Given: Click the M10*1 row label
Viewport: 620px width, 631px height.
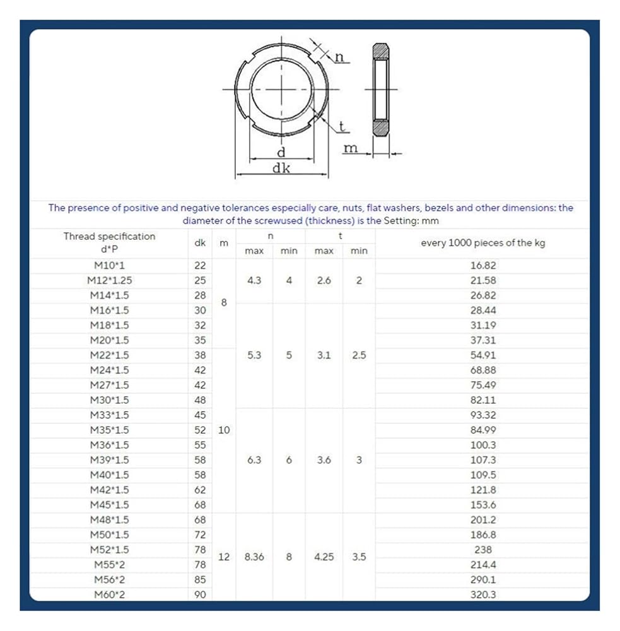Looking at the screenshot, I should coord(109,266).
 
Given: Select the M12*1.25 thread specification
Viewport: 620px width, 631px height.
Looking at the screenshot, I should coord(109,280).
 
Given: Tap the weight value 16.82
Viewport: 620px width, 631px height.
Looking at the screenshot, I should coord(483,266).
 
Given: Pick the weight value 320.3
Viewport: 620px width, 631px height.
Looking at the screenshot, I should coord(483,594).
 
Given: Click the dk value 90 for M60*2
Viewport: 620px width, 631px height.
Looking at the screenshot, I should coord(200,594).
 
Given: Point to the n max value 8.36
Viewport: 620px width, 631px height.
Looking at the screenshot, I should coord(254,557).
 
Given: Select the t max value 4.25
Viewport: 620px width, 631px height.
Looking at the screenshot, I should coord(324,557).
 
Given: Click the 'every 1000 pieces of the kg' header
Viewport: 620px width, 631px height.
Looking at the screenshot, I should coord(483,243).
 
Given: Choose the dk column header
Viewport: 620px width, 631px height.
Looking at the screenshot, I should coord(200,242).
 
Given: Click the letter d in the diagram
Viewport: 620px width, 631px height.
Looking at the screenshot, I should coord(281,151).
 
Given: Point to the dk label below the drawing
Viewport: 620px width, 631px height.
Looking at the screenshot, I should coord(281,168).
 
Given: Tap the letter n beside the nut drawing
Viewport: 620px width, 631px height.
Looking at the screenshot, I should coord(339,57).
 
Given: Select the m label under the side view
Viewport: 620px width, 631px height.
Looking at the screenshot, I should coord(351,148).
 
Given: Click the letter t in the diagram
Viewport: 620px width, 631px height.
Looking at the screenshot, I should coord(342,126).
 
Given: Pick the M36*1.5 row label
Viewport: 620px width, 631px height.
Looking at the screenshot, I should coord(109,445).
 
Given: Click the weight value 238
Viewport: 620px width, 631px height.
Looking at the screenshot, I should coord(483,550).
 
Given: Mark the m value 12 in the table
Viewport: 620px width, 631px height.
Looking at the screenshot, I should coord(223,557).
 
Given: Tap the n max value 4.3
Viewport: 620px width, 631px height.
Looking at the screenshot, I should coord(254,281).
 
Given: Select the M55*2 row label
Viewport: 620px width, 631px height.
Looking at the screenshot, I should coord(109,565).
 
